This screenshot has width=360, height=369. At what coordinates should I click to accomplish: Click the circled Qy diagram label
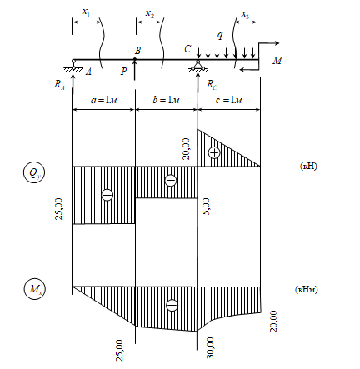coord(34,172)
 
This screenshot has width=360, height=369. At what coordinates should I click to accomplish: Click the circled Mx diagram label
coord(34,289)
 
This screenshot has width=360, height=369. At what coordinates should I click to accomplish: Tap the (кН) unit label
coord(308,167)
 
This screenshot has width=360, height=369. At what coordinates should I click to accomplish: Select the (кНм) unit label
coord(306,289)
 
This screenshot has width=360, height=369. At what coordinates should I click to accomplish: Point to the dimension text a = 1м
coord(104,100)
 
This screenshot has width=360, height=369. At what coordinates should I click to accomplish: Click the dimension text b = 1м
coord(166,100)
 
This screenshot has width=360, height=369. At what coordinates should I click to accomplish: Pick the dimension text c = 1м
coord(229,100)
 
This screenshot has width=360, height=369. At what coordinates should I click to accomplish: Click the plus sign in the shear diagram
coord(214,152)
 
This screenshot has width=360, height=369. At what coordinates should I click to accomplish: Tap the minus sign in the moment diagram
coord(172,306)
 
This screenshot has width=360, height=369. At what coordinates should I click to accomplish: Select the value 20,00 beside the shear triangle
coord(186,149)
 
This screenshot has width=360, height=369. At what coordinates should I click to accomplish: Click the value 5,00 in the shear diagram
coord(206,206)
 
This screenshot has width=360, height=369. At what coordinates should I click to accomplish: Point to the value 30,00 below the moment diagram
coord(211,348)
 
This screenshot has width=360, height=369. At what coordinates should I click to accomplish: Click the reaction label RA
coord(59,84)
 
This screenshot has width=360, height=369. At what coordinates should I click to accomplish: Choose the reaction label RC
coord(212,85)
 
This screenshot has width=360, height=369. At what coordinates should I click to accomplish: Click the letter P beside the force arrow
coord(124,72)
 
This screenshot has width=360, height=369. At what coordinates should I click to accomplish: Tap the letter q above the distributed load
coord(220,35)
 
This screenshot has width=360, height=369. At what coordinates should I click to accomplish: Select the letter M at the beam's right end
coord(277,61)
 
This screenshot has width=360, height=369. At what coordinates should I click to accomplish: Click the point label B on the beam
coord(137,51)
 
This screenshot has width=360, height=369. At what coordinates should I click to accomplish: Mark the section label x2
coord(150,14)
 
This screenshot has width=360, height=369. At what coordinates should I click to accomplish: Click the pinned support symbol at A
coord(73,66)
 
